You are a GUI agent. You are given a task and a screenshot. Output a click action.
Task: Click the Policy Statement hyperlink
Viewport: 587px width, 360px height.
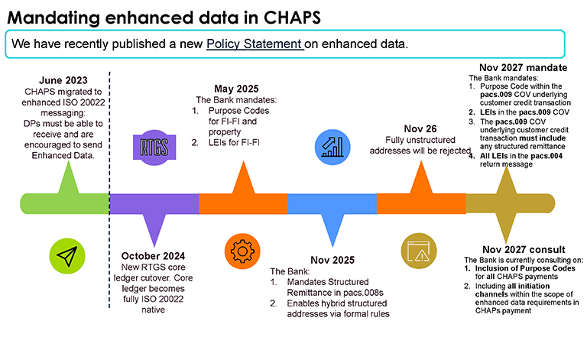click(255, 44)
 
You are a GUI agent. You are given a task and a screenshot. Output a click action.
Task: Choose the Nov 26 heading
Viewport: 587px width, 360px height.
click(420, 128)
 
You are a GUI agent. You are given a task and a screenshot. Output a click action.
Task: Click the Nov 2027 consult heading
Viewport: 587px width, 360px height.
click(524, 250)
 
